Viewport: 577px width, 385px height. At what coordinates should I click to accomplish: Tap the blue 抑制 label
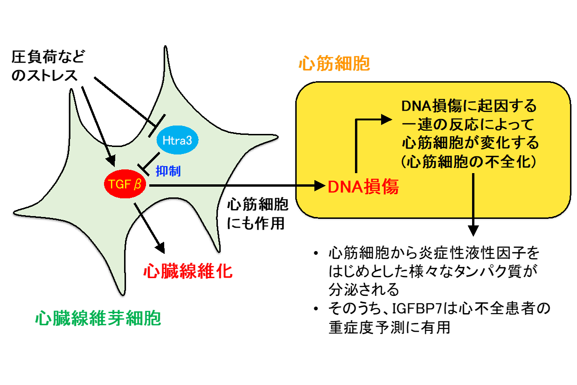168,171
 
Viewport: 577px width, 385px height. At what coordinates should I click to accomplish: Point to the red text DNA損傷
363,187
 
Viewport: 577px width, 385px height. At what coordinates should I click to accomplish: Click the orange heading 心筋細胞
334,63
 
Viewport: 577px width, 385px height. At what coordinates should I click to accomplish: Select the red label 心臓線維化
188,270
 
